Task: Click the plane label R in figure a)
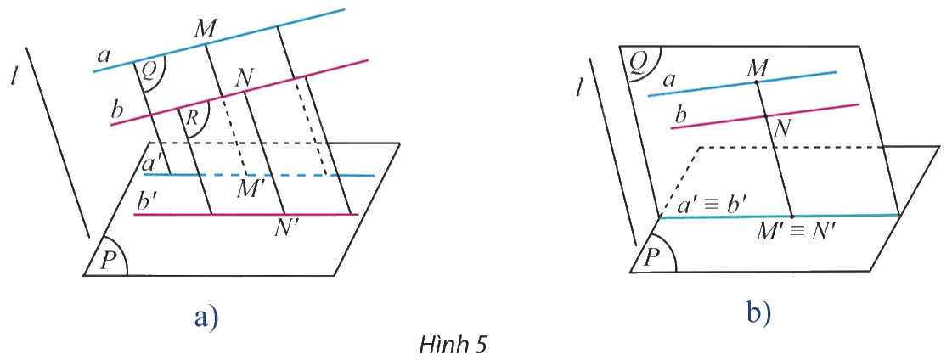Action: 192,118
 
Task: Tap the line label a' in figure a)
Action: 151,164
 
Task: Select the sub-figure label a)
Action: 206,316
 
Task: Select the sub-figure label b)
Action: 758,312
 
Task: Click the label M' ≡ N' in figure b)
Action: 797,232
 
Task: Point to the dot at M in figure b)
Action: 756,82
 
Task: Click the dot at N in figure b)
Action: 765,115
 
